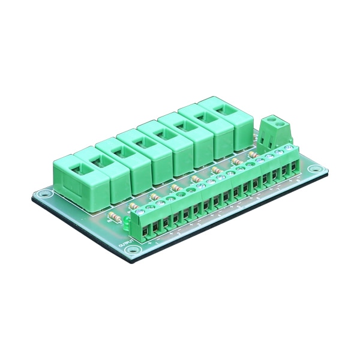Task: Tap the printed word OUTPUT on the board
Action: tap(124, 247)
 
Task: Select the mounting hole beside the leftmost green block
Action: tap(43, 195)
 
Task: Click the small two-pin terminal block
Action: tap(275, 130)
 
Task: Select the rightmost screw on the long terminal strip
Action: tap(289, 151)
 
